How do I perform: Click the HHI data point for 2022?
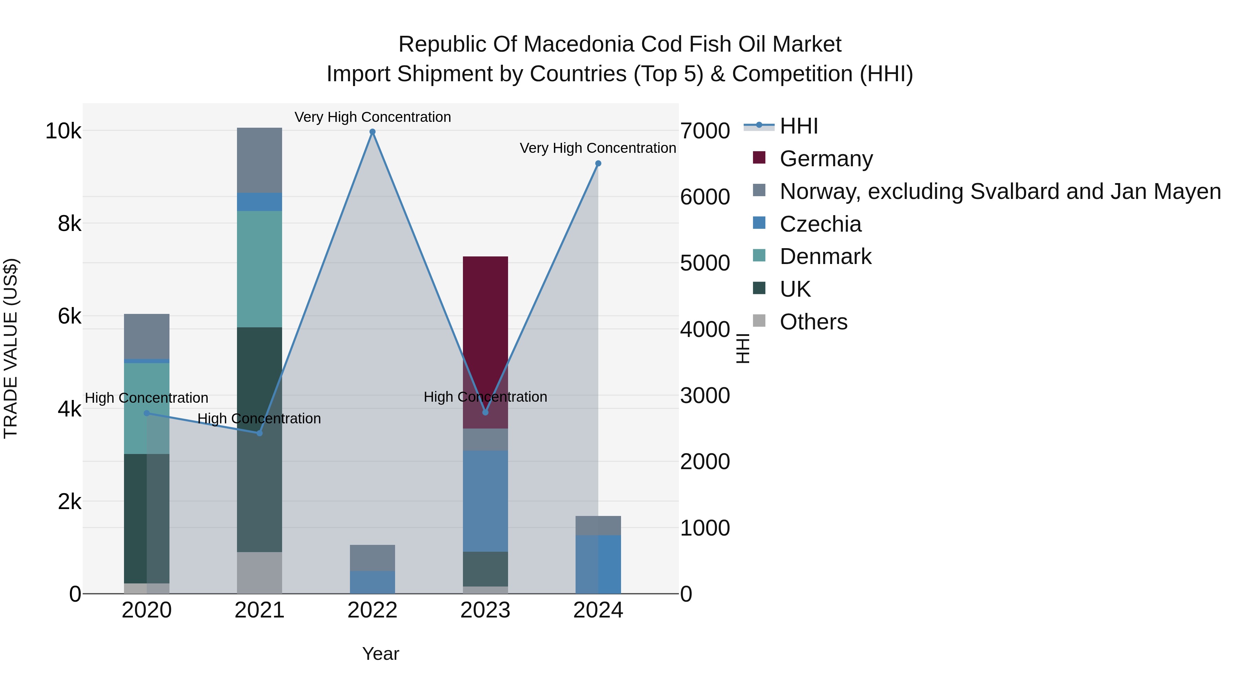372,132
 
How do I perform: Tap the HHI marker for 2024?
598,163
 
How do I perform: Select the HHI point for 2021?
259,433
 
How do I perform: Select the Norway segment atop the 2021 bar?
259,160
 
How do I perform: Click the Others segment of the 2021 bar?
259,572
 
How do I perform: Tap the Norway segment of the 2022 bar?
372,558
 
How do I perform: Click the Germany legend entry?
826,159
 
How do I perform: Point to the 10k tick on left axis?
63,131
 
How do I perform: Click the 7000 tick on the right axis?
705,131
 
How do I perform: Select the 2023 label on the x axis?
485,610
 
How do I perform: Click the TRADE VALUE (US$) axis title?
11,348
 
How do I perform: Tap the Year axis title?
380,654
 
